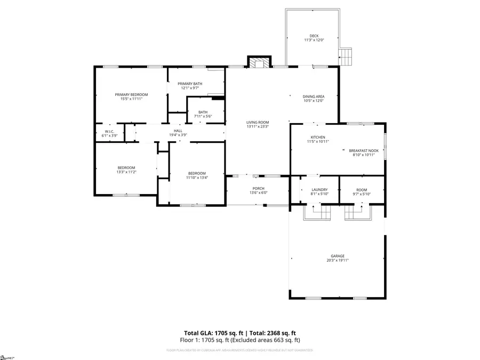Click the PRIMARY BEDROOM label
point(131,94)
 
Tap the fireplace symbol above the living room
point(260,63)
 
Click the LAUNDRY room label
point(319,189)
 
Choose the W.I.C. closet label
point(110,131)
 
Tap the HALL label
point(178,131)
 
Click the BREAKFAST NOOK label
point(364,150)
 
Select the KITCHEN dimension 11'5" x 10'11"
point(318,142)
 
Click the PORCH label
point(259,189)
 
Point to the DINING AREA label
point(314,96)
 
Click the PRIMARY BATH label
point(190,83)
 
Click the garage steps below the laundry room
point(318,213)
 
